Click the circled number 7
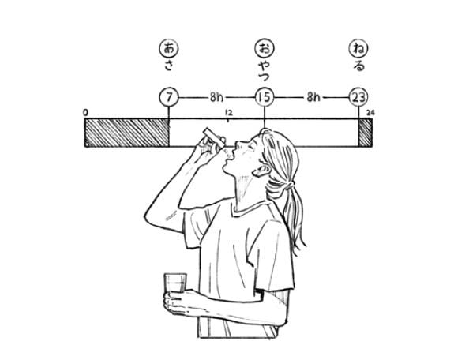pos(168,97)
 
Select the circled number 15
pos(264,97)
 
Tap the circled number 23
pos(358,97)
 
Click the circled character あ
pos(168,47)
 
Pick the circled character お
pos(264,47)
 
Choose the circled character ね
pos(358,47)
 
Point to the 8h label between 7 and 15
pos(216,97)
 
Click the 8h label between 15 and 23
pos(312,97)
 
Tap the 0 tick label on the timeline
pos(85,112)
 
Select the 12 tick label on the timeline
pos(228,113)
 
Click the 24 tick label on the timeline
pos(371,113)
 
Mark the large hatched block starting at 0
pos(126,133)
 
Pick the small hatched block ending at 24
pos(365,133)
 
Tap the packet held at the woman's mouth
pos(211,136)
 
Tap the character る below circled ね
pos(358,66)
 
